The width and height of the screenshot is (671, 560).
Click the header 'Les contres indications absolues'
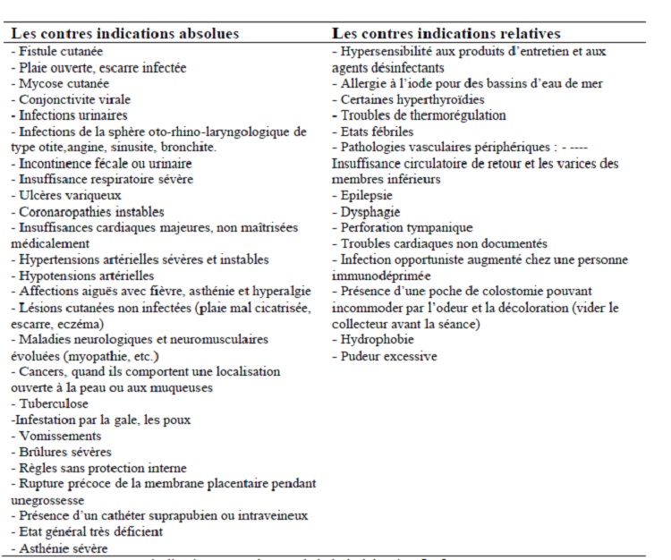tap(124, 34)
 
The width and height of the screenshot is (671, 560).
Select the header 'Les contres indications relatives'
tap(447, 34)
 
